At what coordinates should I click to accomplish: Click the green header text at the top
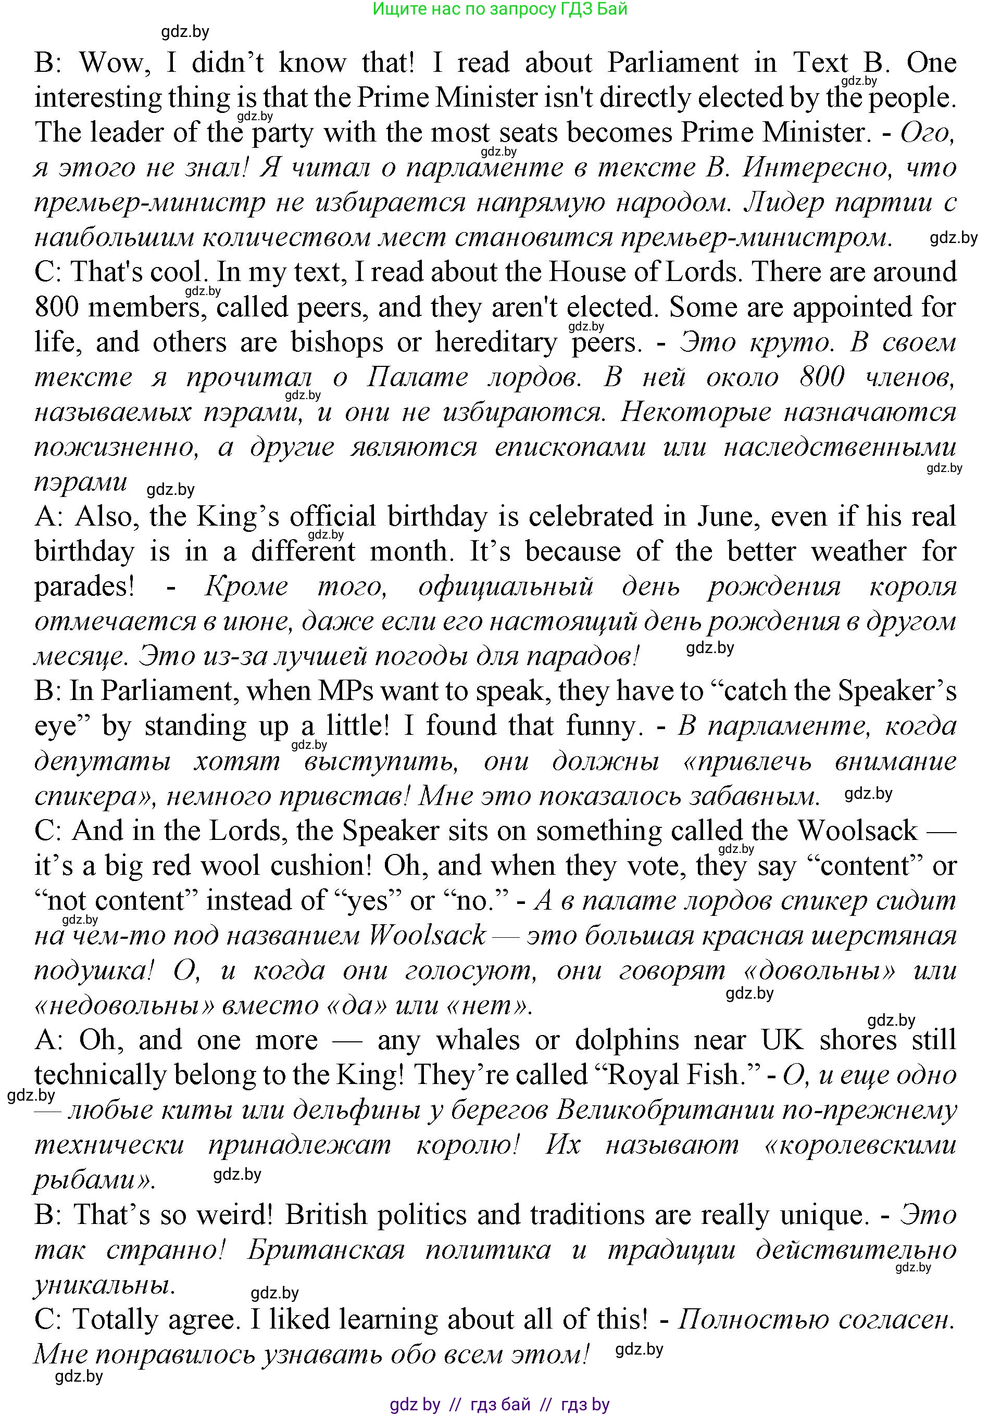(x=500, y=9)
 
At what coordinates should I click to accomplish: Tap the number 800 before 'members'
(x=57, y=307)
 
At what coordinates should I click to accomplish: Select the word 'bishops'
(x=337, y=342)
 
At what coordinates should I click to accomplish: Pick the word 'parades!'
(x=84, y=586)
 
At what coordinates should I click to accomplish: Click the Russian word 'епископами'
(x=570, y=447)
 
